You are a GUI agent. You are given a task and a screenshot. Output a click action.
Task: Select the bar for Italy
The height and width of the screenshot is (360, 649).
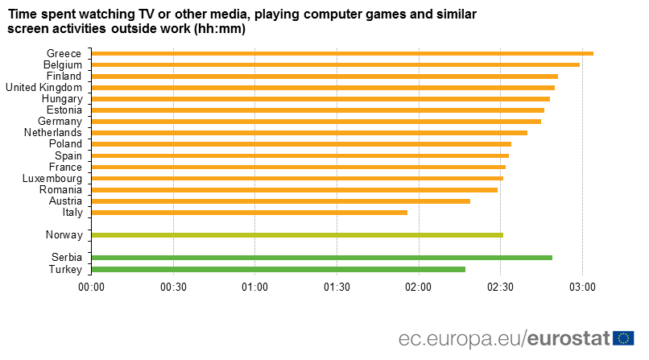coord(250,213)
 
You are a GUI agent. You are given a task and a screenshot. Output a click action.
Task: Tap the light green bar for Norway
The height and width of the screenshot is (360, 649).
coord(297,235)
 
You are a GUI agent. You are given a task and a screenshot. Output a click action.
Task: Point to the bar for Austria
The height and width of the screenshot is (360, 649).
coord(281,201)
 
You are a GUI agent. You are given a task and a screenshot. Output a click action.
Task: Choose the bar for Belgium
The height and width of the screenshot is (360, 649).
coord(336,64)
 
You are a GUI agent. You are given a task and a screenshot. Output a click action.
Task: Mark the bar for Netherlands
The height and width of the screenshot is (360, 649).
coord(309,132)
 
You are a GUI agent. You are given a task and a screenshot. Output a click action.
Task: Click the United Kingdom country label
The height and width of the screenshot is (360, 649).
coord(43,87)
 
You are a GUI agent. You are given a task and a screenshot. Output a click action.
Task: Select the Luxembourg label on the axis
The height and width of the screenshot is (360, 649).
coord(52,178)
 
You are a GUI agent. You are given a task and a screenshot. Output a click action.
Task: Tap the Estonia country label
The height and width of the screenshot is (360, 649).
coord(64,110)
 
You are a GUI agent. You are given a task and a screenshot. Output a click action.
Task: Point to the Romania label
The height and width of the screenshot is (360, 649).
coord(60,189)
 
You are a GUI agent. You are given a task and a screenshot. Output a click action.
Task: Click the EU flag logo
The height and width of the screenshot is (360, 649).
coord(623,338)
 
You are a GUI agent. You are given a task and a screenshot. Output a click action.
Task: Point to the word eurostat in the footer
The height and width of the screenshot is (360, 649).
coord(569,338)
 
